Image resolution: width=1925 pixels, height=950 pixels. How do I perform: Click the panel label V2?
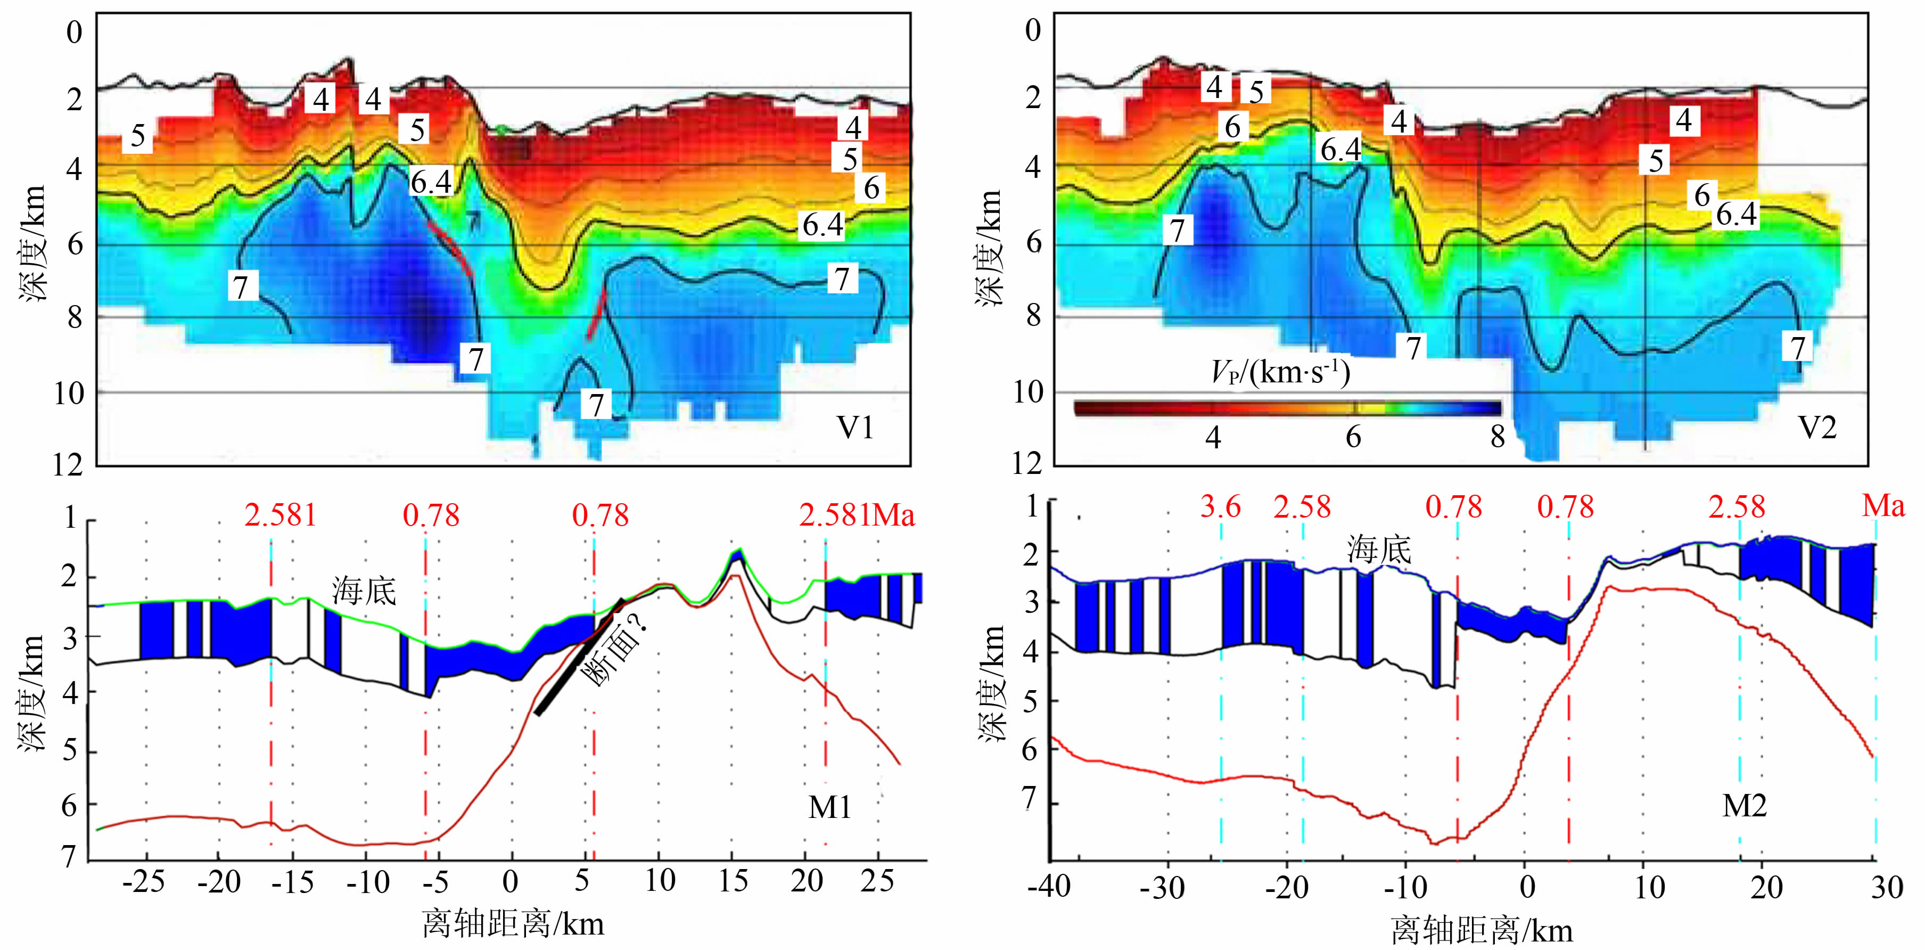tap(1816, 428)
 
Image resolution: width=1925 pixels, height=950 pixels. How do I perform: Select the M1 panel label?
tap(829, 807)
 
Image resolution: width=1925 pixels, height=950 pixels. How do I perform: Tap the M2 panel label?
tap(1744, 806)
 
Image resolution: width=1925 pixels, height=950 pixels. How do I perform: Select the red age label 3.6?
tap(1220, 507)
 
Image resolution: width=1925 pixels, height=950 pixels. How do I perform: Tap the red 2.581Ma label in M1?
tap(857, 515)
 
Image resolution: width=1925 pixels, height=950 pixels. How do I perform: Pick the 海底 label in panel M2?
tap(1379, 550)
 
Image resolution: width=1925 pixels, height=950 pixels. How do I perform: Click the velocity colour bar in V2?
tap(1287, 408)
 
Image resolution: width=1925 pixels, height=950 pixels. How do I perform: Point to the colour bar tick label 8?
tap(1497, 437)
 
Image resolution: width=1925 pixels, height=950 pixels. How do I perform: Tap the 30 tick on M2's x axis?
tap(1886, 888)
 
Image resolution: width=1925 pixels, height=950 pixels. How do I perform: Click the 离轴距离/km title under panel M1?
tap(513, 924)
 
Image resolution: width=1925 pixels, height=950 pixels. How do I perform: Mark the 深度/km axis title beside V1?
tap(33, 243)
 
